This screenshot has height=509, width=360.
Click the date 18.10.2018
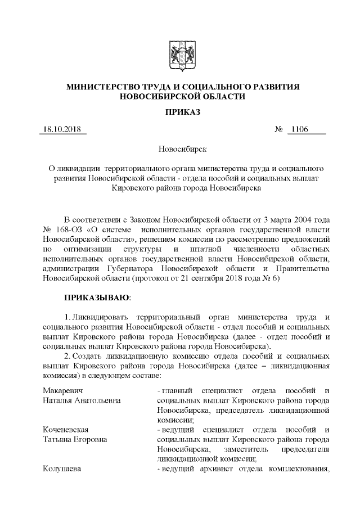pyautogui.click(x=61, y=130)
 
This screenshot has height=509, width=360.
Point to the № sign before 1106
pyautogui.click(x=278, y=130)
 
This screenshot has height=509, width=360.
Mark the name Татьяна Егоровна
pyautogui.click(x=75, y=440)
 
